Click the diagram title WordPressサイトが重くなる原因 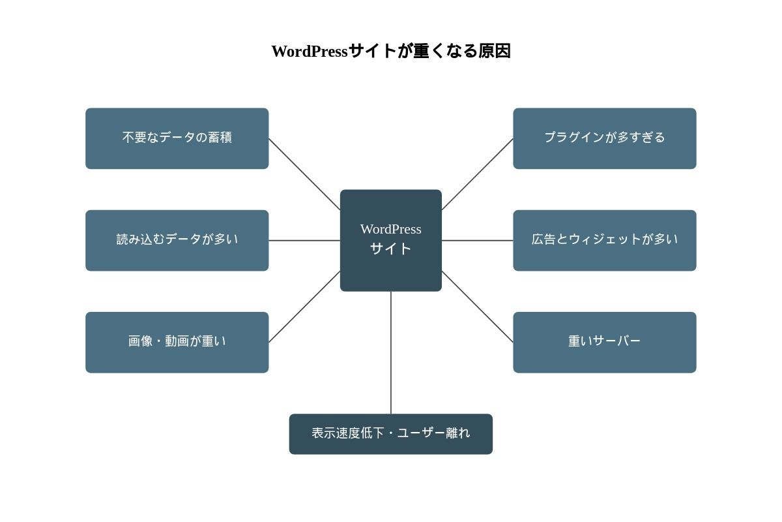tap(391, 51)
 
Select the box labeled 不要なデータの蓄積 tap(177, 138)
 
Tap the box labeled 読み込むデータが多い tap(177, 240)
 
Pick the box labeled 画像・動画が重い tap(177, 342)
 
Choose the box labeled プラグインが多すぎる tap(604, 138)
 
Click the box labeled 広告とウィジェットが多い tap(604, 240)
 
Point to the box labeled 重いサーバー tap(604, 342)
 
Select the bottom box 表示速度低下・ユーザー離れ tap(391, 434)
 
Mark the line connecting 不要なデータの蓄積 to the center tap(304, 174)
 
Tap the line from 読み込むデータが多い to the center tap(304, 241)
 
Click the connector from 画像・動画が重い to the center tap(304, 307)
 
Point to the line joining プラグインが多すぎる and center tap(477, 174)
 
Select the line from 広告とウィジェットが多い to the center tap(477, 241)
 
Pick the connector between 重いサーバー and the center tap(477, 307)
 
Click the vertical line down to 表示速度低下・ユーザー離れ tap(391, 352)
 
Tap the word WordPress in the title tap(310, 52)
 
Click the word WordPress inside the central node tap(391, 229)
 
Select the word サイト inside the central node tap(391, 249)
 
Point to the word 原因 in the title tap(495, 51)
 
